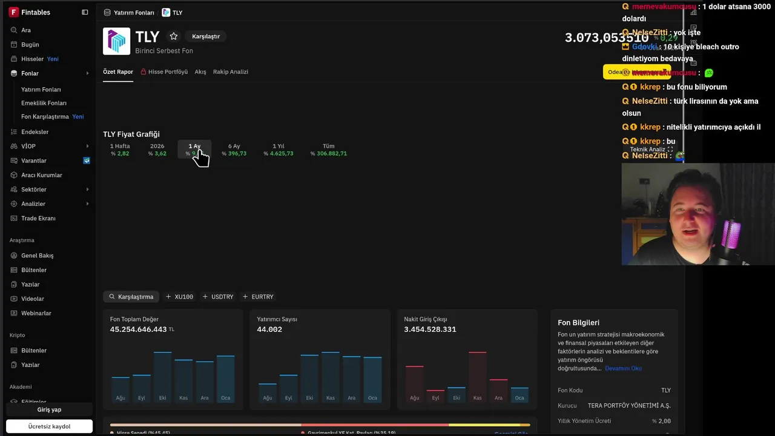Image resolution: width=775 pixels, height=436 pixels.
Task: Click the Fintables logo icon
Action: [13, 12]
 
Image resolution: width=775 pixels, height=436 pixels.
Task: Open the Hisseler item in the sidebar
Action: [33, 59]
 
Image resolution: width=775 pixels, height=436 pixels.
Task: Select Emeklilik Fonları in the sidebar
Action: [44, 103]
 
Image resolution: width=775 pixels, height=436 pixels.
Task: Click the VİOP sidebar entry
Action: [28, 146]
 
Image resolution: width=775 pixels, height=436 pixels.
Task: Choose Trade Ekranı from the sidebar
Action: [38, 218]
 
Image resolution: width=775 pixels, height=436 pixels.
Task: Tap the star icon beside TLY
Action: [174, 36]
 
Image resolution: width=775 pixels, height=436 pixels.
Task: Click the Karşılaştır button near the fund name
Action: [206, 36]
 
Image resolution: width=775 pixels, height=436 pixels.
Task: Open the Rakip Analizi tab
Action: [230, 71]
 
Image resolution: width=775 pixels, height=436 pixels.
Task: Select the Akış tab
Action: [200, 71]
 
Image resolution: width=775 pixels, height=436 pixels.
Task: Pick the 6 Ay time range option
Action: [234, 150]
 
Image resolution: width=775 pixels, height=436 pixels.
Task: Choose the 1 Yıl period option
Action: [279, 150]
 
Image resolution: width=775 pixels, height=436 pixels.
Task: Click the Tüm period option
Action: [328, 150]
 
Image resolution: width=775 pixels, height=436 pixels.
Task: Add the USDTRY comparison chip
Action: [218, 297]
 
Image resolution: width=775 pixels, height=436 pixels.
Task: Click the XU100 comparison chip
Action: [179, 297]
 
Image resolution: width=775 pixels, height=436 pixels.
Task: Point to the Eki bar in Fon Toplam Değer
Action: [163, 375]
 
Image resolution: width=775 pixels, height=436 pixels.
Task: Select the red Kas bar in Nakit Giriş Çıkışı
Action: [478, 375]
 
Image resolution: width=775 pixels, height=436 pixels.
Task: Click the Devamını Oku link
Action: [623, 368]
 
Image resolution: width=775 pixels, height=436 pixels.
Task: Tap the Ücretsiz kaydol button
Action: [49, 426]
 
